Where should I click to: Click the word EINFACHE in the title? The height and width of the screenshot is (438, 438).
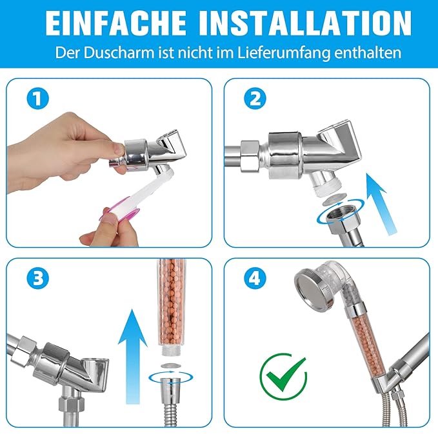(115, 23)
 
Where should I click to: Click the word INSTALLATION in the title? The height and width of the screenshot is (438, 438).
(305, 23)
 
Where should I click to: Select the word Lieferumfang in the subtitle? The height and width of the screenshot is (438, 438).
(284, 53)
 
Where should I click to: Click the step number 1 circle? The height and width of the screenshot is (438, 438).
(37, 98)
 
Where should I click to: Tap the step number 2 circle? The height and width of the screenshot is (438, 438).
(255, 98)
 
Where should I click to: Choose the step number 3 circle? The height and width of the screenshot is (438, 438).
(37, 278)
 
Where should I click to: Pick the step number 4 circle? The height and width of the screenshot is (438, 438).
(255, 278)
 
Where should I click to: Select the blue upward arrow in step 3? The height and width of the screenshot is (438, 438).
(133, 356)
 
